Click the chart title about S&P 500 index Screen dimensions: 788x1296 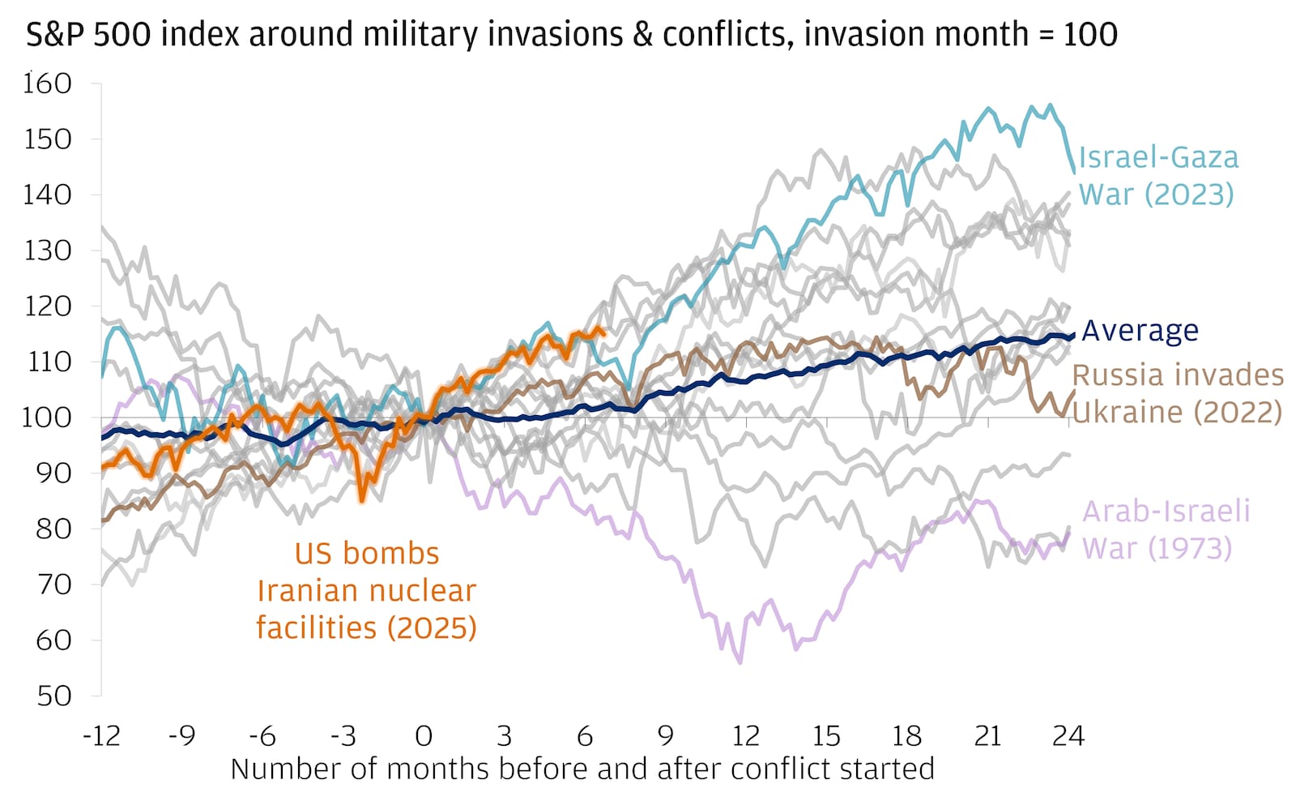tap(571, 34)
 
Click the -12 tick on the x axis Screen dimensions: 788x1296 tap(101, 736)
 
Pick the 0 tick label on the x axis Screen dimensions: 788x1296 tap(423, 736)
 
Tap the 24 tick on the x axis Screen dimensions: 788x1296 tap(1068, 736)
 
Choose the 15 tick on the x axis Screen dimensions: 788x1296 tap(825, 736)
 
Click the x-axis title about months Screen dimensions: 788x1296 tap(582, 769)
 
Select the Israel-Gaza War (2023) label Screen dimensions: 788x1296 tap(1157, 176)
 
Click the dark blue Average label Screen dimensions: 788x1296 tap(1140, 331)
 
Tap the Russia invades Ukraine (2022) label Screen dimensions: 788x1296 tap(1178, 393)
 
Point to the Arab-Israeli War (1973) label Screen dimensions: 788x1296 tap(1166, 529)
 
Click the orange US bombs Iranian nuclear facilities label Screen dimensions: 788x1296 tap(366, 590)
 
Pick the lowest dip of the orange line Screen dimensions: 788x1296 tap(362, 500)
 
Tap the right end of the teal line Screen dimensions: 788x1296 tap(1074, 172)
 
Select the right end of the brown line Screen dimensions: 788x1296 tap(1075, 391)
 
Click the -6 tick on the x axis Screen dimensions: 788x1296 tap(262, 736)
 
